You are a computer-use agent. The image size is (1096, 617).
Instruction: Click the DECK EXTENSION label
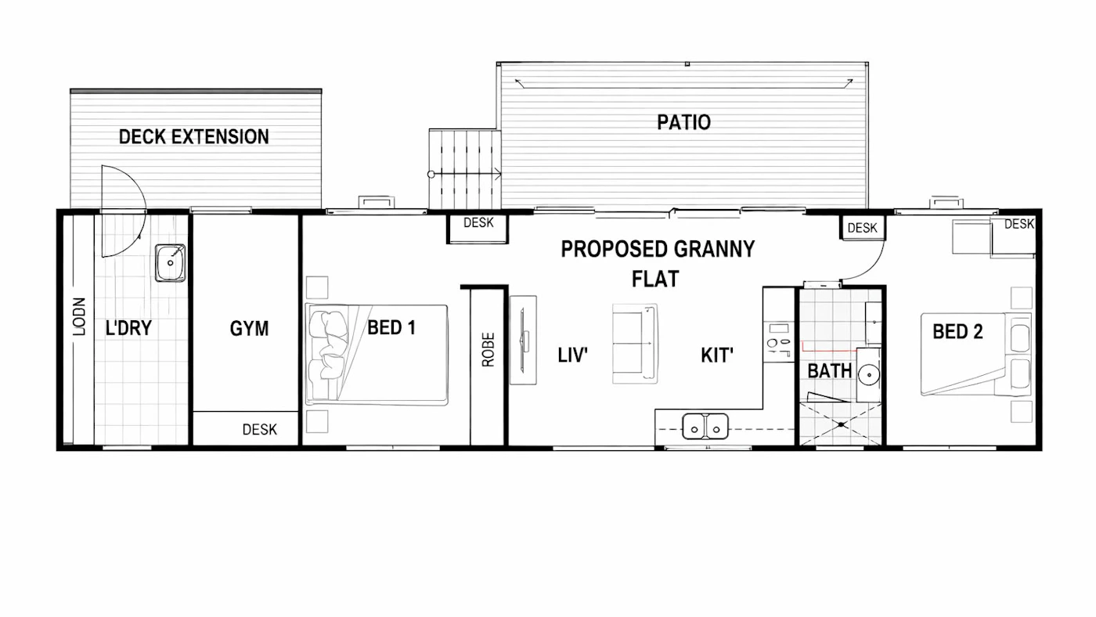[x=194, y=136]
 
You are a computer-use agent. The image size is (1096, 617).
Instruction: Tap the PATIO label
[x=683, y=122]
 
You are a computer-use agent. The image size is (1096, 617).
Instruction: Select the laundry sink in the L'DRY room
[x=171, y=263]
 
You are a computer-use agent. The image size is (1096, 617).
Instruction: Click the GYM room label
[x=249, y=328]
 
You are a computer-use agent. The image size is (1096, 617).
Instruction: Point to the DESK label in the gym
[x=259, y=430]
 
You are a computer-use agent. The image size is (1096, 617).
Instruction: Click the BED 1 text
[x=391, y=327]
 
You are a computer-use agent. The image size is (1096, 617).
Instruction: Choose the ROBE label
[x=489, y=349]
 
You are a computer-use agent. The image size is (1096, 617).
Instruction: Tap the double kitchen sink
[x=705, y=426]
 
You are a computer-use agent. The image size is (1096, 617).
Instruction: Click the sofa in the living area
[x=635, y=343]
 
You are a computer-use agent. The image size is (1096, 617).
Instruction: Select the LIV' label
[x=572, y=355]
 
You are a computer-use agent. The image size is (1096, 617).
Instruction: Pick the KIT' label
[x=717, y=355]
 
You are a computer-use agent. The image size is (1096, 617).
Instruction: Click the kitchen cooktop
[x=779, y=341]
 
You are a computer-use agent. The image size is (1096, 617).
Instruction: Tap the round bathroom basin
[x=869, y=375]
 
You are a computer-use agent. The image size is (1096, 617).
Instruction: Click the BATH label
[x=829, y=371]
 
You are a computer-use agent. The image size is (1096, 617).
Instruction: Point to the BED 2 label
[x=957, y=331]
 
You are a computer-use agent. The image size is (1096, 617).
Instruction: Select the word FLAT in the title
[x=655, y=279]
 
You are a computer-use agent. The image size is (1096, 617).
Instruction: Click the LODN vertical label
[x=79, y=316]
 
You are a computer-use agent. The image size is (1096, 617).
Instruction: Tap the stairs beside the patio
[x=465, y=169]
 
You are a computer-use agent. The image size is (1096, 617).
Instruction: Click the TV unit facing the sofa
[x=523, y=340]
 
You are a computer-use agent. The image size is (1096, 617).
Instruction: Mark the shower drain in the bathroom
[x=841, y=424]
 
